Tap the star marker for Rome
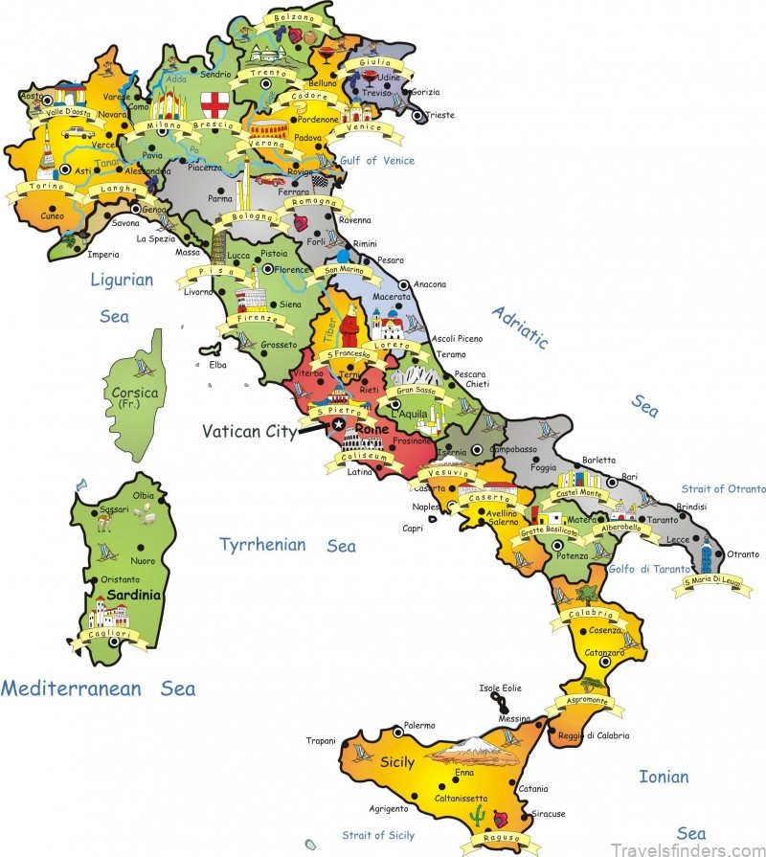pos(338,424)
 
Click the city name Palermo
pos(419,725)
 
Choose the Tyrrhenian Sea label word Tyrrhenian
pos(263,545)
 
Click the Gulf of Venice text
pos(377,161)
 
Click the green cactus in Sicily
pos(475,815)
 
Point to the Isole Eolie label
pos(503,688)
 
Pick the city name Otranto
pos(743,553)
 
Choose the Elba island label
pos(217,364)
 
